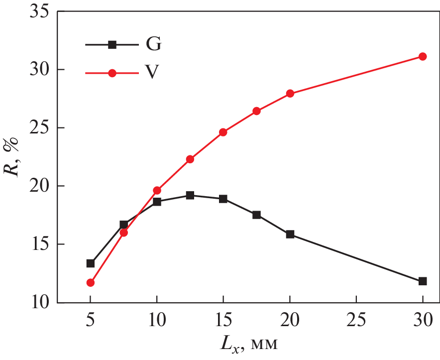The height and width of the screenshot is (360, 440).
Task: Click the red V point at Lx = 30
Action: pyautogui.click(x=423, y=57)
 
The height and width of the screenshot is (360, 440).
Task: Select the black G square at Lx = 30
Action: pyautogui.click(x=423, y=281)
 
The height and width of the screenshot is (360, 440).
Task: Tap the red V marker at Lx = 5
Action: pyautogui.click(x=91, y=283)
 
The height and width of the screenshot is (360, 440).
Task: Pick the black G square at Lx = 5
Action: pyautogui.click(x=91, y=263)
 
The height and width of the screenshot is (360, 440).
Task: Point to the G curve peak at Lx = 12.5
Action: pyautogui.click(x=190, y=195)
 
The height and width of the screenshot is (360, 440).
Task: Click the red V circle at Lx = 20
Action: pyautogui.click(x=290, y=94)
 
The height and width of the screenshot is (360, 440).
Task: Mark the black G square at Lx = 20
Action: pyautogui.click(x=290, y=234)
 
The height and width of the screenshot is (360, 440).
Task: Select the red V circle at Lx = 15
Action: pyautogui.click(x=223, y=132)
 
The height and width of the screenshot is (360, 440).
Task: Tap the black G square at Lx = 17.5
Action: pyautogui.click(x=257, y=215)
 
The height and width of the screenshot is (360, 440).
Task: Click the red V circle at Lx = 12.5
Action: pyautogui.click(x=190, y=159)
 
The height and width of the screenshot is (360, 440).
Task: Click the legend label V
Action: pyautogui.click(x=153, y=73)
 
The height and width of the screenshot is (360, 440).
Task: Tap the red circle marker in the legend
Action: pyautogui.click(x=112, y=73)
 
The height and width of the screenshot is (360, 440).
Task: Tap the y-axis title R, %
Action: pyautogui.click(x=12, y=157)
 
